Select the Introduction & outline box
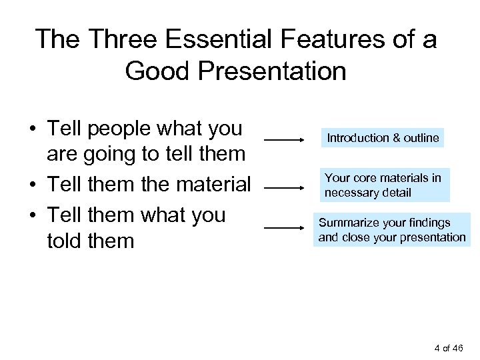coord(382,138)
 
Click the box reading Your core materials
coord(383,185)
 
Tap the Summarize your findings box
coord(392,230)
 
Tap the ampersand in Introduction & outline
coord(396,138)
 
